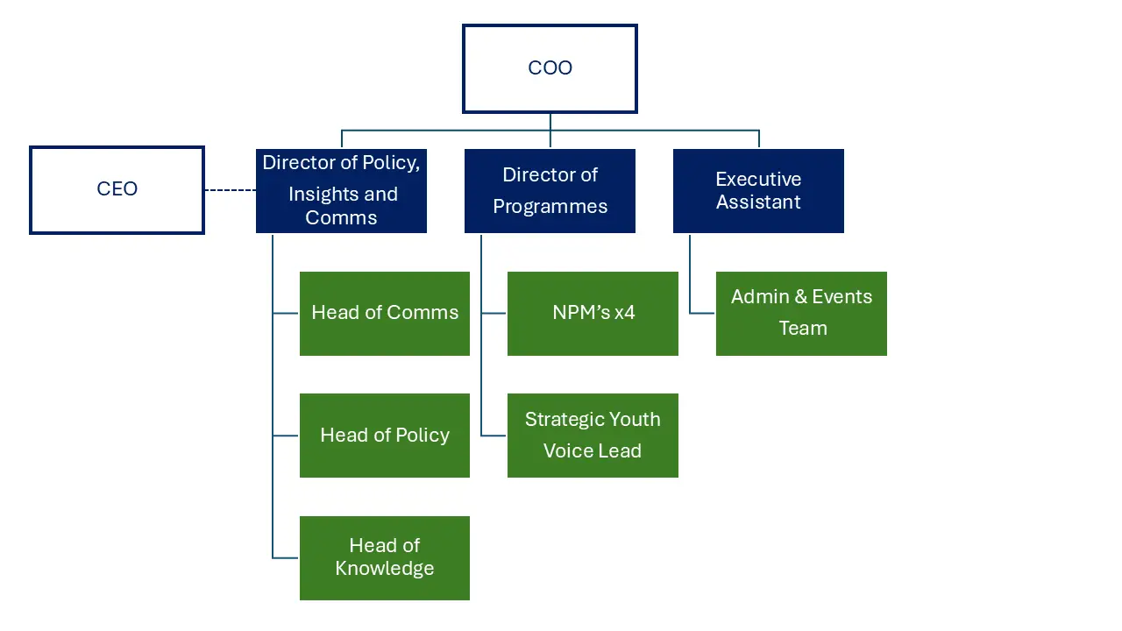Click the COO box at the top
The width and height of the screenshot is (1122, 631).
(550, 68)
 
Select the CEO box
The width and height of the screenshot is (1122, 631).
(117, 189)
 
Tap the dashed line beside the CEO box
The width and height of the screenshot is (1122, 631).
(230, 189)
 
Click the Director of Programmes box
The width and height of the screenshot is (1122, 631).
(550, 190)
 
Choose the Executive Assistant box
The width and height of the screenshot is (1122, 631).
(758, 190)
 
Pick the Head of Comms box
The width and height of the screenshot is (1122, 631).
(385, 313)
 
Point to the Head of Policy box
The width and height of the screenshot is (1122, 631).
(385, 436)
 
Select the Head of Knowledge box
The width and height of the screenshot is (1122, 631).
(385, 557)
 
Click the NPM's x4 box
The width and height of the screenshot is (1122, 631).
(593, 313)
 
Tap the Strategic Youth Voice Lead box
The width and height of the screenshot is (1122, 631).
(593, 436)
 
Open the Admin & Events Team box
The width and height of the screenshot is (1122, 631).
(801, 313)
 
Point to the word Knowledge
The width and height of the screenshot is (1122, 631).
(385, 569)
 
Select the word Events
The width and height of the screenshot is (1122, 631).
(842, 297)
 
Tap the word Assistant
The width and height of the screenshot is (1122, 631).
(758, 202)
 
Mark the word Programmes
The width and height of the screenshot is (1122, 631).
(550, 207)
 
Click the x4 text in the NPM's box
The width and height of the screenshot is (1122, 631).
(624, 313)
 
